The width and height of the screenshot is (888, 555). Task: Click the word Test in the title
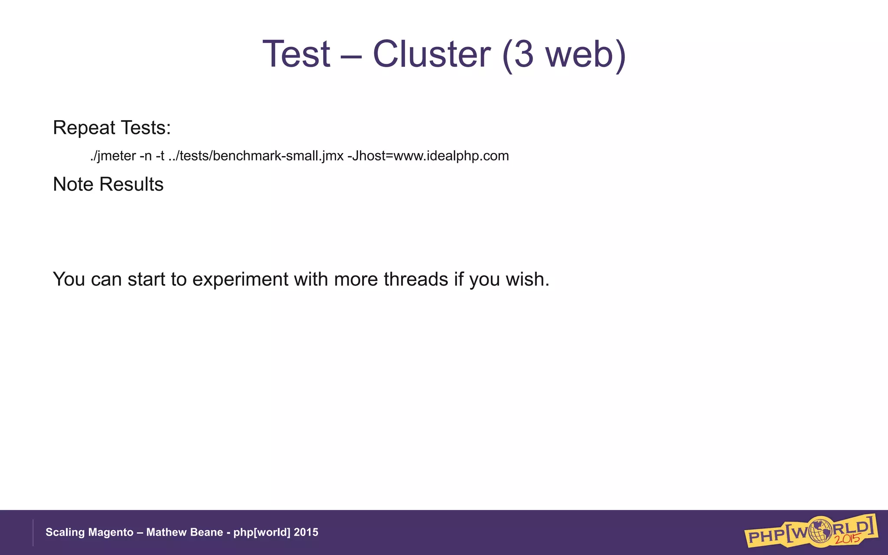(297, 54)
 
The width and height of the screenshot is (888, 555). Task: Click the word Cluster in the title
(431, 54)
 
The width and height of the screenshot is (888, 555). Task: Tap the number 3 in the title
(523, 54)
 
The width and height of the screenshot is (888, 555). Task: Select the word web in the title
(579, 54)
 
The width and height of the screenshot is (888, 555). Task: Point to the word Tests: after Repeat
(146, 128)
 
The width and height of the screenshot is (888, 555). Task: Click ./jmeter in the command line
(113, 156)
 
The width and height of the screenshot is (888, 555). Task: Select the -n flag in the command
(146, 156)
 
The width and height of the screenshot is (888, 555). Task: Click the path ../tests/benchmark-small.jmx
(256, 156)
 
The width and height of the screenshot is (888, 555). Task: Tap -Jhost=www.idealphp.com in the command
(428, 156)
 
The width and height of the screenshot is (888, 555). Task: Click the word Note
(73, 184)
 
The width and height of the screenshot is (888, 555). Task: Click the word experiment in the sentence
(240, 279)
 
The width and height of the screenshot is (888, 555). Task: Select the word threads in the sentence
(416, 279)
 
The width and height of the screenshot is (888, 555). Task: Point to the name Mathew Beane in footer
(184, 532)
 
